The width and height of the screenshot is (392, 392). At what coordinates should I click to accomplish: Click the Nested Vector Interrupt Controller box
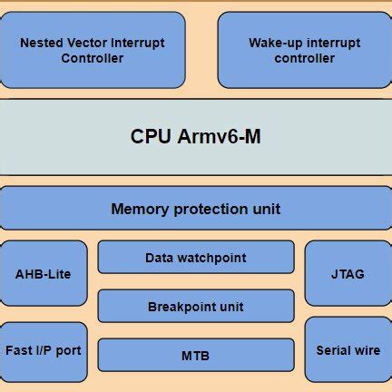(x=92, y=50)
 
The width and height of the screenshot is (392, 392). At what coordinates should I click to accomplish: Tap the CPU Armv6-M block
(x=196, y=136)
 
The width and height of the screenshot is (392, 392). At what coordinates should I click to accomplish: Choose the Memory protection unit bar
(x=196, y=209)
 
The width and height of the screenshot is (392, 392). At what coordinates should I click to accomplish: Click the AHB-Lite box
(x=44, y=273)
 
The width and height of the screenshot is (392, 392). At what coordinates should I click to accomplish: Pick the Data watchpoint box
(x=196, y=258)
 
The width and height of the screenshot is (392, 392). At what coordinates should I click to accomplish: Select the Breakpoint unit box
(x=196, y=307)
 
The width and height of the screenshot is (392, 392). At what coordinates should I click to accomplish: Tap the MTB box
(x=196, y=355)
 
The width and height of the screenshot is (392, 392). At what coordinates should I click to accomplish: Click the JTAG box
(x=348, y=273)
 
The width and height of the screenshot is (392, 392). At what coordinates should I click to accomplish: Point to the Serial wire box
(x=348, y=349)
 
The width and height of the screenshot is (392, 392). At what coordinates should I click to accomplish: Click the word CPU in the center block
(x=151, y=136)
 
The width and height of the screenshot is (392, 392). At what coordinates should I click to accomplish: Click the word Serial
(x=332, y=349)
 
